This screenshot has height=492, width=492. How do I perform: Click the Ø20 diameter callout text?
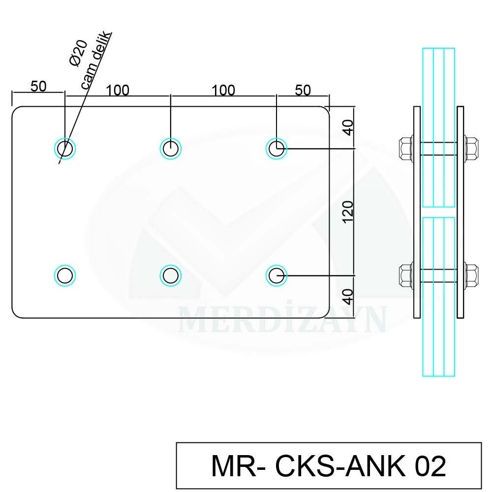tap(78, 53)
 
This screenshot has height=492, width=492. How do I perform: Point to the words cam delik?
tap(96, 60)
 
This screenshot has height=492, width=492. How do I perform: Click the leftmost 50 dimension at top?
tap(38, 86)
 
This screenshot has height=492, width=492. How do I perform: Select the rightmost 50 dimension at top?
tap(303, 90)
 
